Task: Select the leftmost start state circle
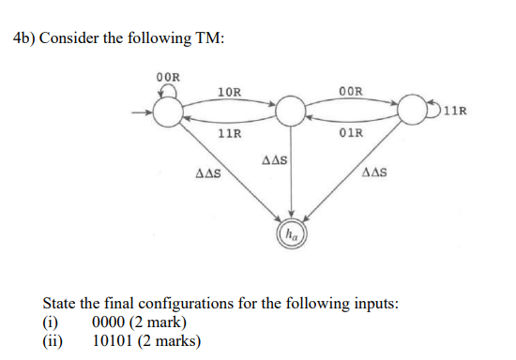point(168,113)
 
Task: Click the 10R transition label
point(229,92)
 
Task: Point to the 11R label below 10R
point(229,134)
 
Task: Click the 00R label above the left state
point(169,76)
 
